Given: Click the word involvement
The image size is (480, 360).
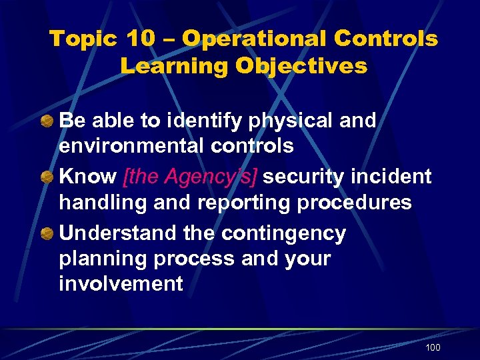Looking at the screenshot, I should click(121, 283).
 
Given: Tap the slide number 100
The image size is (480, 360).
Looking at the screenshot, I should click(433, 347).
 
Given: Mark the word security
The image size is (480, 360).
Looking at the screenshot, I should click(307, 177).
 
